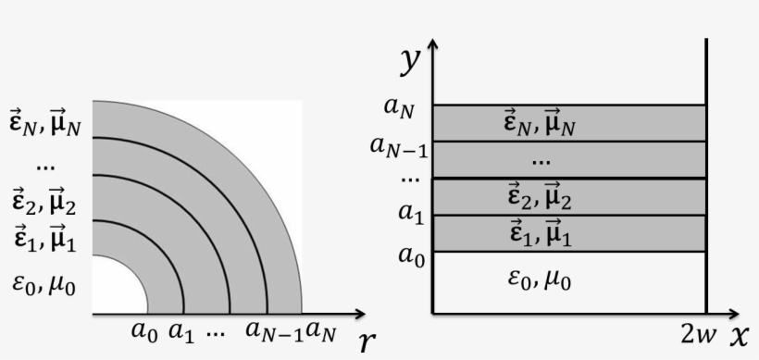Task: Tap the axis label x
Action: pos(739,336)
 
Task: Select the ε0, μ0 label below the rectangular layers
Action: pos(540,279)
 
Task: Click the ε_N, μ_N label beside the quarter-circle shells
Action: pos(44,123)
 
